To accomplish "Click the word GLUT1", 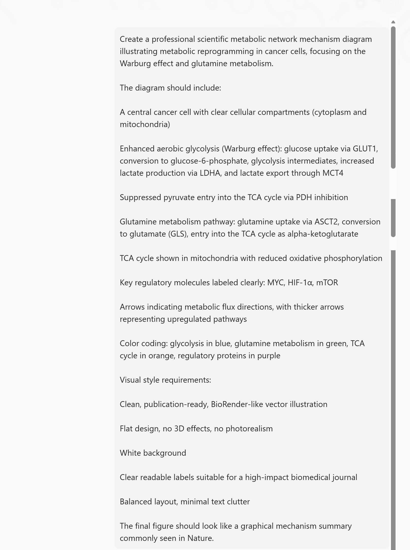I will [x=364, y=149].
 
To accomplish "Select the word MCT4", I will [x=333, y=173].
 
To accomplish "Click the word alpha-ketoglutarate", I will [x=323, y=234].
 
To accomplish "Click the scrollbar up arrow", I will [x=393, y=22].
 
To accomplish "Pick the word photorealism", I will [x=249, y=429].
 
